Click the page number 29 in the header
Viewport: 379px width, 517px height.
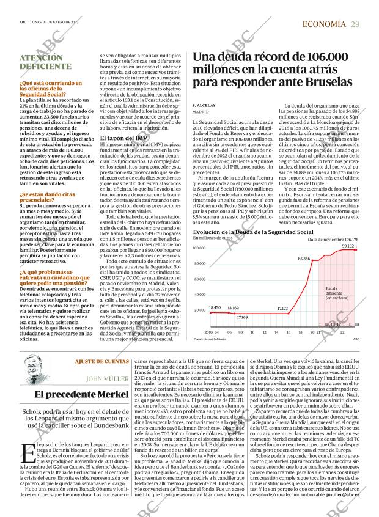355,24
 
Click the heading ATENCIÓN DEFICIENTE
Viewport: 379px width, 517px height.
41,62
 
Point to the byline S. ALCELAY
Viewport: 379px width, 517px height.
204,105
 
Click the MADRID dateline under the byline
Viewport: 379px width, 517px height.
201,112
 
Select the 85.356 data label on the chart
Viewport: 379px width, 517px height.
304,259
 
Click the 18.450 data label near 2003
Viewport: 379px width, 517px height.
215,307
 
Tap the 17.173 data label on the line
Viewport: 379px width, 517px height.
282,309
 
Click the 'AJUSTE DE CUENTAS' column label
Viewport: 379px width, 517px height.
101,362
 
